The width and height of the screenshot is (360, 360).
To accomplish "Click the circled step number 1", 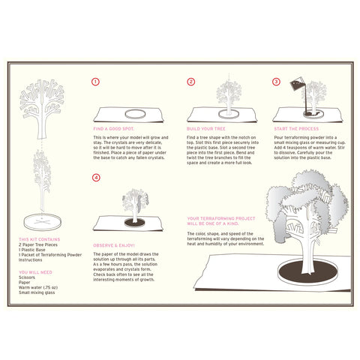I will pos(95,82).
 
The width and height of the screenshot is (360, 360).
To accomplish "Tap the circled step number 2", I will pos(191,82).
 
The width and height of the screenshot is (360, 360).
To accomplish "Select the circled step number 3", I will pos(276,82).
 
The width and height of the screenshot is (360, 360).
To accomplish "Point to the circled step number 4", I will pos(95,178).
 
